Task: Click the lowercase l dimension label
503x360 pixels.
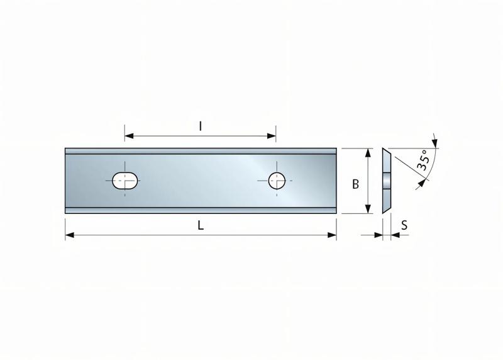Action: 201,126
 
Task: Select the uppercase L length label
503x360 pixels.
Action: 201,226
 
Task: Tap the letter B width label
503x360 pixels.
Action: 355,184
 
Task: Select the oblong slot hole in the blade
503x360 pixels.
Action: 126,181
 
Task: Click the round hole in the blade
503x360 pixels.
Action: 276,181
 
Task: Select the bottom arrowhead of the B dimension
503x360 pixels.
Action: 368,210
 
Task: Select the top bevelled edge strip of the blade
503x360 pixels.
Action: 201,151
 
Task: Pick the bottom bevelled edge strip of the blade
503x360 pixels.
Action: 201,210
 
